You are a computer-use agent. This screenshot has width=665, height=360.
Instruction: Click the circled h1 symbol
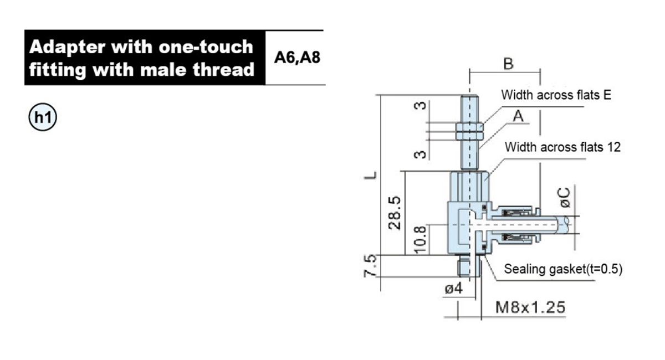tap(43, 117)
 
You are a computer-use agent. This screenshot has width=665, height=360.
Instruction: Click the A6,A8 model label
tap(297, 57)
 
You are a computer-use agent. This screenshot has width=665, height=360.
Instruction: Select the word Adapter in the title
tap(67, 47)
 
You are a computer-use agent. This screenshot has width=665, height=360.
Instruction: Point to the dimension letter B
tap(508, 64)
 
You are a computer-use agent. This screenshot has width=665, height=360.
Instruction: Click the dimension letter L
tap(370, 175)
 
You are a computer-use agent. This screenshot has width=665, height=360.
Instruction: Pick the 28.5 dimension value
tap(395, 213)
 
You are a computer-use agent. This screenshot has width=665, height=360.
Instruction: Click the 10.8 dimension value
tap(420, 239)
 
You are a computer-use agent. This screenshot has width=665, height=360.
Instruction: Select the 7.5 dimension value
tap(370, 266)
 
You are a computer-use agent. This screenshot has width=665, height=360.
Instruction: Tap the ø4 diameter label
tap(454, 288)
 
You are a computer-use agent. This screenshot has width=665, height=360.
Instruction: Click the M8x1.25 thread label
tap(530, 307)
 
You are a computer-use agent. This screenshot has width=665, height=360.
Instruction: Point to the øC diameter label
tap(564, 197)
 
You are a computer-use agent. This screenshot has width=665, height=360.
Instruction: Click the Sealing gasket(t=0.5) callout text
tap(563, 269)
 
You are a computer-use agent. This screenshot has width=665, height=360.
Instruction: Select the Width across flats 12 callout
tap(562, 147)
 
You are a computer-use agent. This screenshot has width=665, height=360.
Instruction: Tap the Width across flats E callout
tap(556, 95)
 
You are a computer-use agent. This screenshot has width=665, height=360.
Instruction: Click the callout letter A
tap(518, 116)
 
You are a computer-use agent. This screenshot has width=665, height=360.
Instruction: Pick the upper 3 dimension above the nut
tap(420, 106)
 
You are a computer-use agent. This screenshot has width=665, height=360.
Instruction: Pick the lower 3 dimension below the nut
tap(420, 155)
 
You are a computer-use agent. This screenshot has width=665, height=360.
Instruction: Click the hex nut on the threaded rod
tap(470, 131)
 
